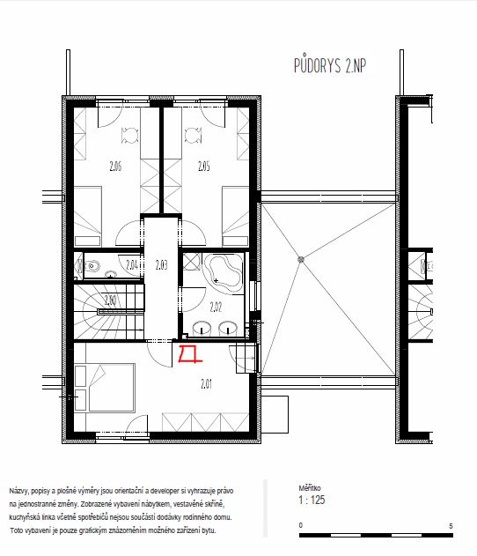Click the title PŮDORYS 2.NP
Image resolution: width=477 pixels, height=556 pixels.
(330, 65)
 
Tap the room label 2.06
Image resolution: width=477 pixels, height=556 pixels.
(115, 166)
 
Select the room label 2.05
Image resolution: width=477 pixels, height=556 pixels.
(203, 166)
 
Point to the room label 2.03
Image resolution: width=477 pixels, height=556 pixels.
(161, 265)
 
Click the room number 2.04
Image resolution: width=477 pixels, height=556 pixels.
(132, 264)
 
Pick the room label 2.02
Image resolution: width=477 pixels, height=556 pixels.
(216, 307)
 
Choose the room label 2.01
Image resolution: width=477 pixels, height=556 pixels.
(206, 384)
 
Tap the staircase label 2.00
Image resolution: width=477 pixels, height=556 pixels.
(110, 300)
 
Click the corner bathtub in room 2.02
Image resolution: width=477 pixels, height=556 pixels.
(224, 273)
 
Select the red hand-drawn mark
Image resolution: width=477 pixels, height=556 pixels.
(189, 354)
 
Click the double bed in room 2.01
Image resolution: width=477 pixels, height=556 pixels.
(112, 388)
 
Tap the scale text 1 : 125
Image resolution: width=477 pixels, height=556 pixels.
(312, 500)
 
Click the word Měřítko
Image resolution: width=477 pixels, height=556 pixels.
(309, 488)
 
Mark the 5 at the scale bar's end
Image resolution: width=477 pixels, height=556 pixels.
(451, 526)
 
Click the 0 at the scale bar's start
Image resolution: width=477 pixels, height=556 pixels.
(301, 525)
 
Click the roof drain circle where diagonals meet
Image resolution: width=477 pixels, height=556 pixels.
(301, 260)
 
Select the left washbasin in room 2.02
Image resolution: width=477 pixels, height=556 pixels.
(202, 329)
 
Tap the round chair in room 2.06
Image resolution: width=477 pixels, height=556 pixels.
(129, 136)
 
